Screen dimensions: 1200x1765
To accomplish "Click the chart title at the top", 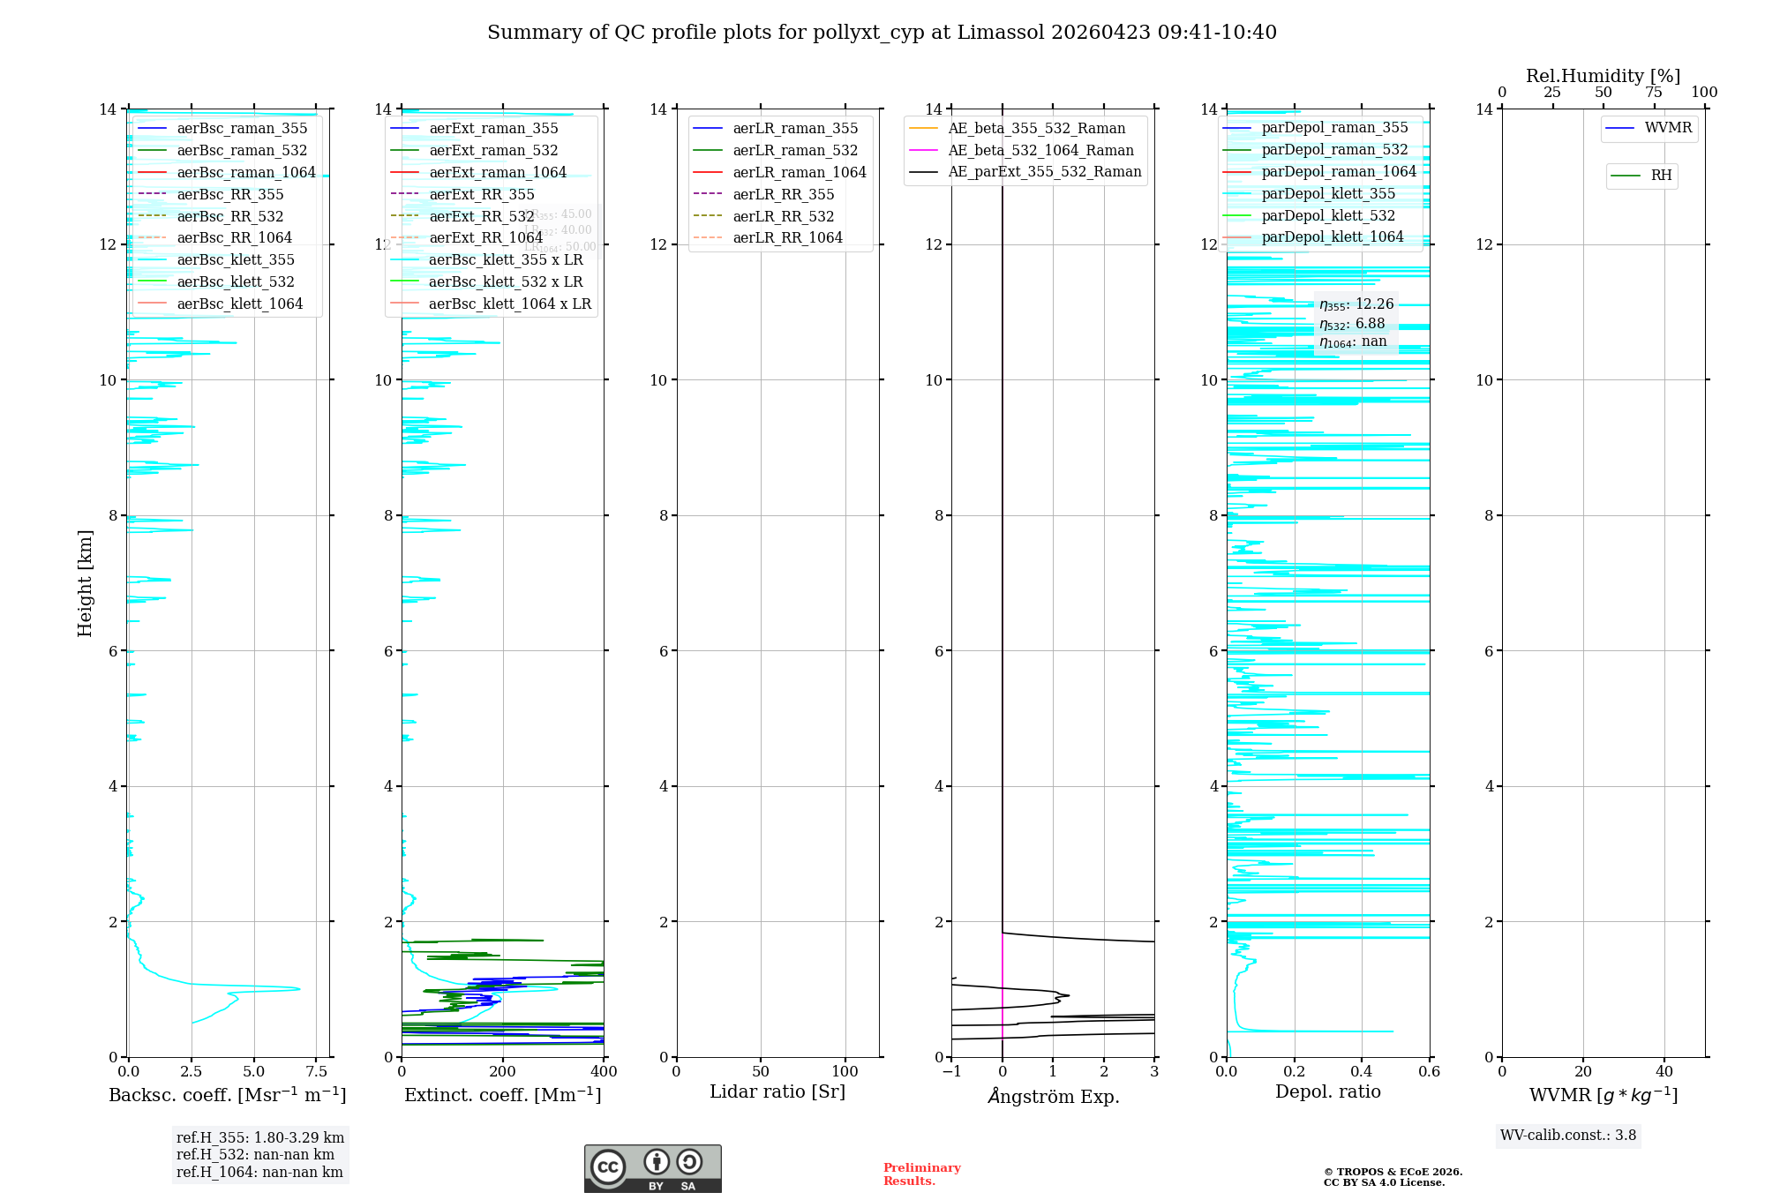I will [x=882, y=33].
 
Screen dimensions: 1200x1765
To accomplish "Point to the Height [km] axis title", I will [x=85, y=583].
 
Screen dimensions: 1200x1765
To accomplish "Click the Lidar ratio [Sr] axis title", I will [x=777, y=1092].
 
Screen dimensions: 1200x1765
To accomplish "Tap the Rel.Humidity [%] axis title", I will [x=1603, y=76].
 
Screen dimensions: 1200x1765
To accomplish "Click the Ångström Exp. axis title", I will [x=1053, y=1097].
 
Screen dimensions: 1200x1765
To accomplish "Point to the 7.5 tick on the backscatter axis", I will [x=317, y=1072].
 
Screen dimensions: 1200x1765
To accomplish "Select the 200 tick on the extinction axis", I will [x=503, y=1072].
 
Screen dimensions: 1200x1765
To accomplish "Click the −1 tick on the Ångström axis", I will [x=951, y=1072].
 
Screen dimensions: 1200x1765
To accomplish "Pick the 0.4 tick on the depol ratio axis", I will [x=1362, y=1072].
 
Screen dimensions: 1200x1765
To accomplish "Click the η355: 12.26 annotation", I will [x=1356, y=304].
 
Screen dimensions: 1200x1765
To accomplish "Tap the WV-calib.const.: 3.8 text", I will [x=1568, y=1136].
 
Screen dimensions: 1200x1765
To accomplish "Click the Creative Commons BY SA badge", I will [x=652, y=1169].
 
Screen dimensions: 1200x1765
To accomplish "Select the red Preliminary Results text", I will [x=921, y=1174].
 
